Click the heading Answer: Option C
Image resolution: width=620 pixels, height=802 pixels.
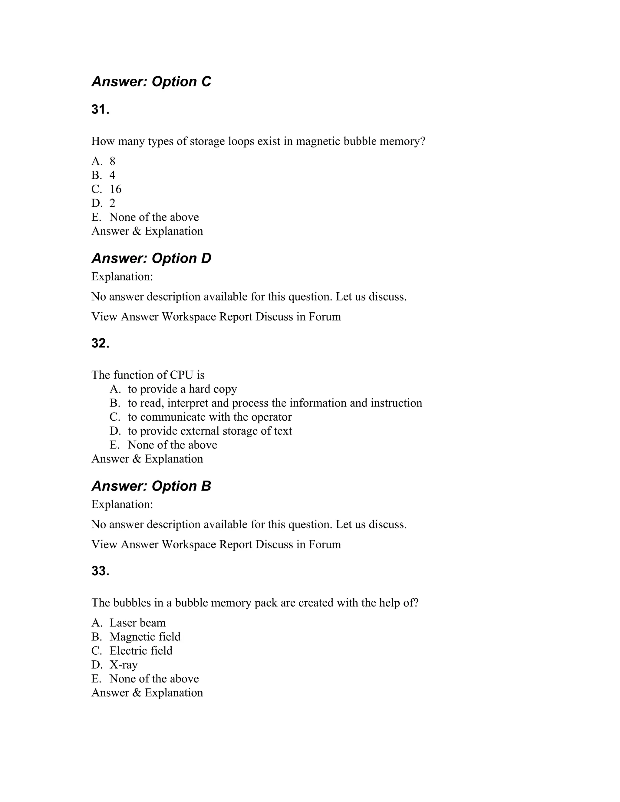click(x=151, y=81)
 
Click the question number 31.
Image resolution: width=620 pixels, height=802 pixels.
click(x=100, y=110)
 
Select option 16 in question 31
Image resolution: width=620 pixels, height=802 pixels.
click(x=115, y=189)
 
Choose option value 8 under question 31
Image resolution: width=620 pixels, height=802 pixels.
click(x=112, y=161)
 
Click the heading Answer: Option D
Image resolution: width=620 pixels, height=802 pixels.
click(x=151, y=258)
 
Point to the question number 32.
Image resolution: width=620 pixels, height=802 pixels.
click(x=100, y=343)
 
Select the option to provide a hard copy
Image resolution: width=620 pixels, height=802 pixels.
click(x=182, y=389)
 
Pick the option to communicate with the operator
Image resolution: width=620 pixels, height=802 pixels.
click(x=209, y=417)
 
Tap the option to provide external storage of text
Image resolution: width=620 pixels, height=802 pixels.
click(x=210, y=431)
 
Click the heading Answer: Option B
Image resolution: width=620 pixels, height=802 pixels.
click(x=151, y=486)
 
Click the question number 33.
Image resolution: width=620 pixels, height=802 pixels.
click(x=100, y=571)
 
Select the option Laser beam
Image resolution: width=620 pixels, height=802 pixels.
click(x=137, y=623)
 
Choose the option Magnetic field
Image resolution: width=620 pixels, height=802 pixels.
click(x=145, y=637)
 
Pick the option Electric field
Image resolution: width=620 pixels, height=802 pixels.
click(x=141, y=651)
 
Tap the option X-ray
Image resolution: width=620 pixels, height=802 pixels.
click(x=124, y=665)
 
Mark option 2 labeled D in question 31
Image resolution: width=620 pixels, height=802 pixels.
click(x=112, y=203)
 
